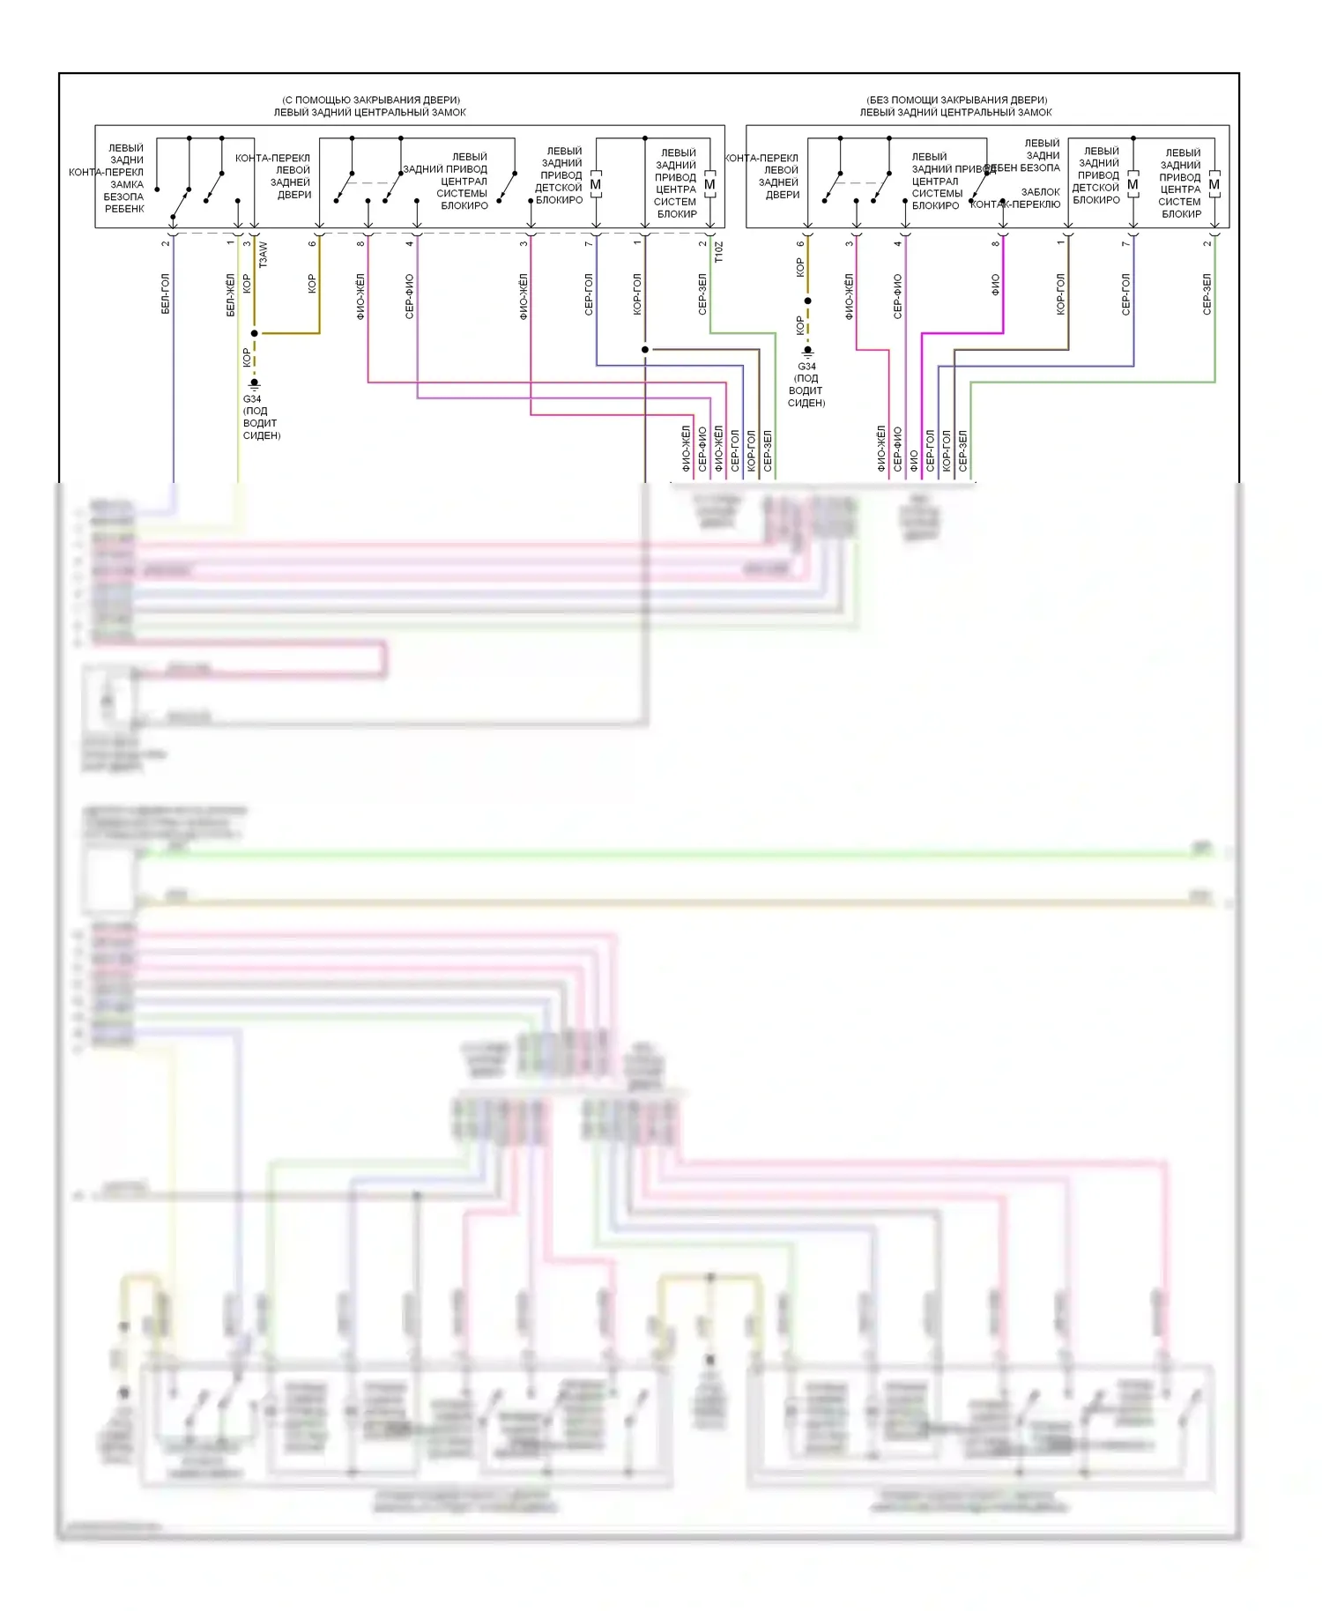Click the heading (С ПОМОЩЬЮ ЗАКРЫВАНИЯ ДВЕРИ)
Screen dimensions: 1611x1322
click(x=370, y=100)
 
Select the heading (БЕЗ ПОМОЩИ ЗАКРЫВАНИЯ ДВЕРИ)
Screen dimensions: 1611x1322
click(x=956, y=100)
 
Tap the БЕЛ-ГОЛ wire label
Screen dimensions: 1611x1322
click(x=166, y=294)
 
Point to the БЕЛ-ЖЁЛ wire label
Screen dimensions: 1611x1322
click(x=230, y=294)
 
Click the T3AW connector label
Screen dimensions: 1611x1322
click(x=263, y=255)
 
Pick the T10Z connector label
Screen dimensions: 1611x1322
click(x=718, y=253)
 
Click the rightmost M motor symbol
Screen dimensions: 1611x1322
click(x=1214, y=185)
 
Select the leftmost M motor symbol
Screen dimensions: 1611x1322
click(x=596, y=185)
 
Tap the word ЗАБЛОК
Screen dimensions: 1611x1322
click(x=1040, y=191)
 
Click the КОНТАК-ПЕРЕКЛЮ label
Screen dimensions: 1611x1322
click(x=1015, y=204)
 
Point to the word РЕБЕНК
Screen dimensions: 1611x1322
click(x=124, y=209)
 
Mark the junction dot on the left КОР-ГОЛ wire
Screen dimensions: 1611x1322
click(x=645, y=350)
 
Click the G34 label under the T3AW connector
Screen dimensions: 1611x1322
click(x=252, y=398)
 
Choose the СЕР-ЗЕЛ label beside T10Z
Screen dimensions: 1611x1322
click(x=702, y=294)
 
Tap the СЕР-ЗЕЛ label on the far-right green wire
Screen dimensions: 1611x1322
click(x=1207, y=294)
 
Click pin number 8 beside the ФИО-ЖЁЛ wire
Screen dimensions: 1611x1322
click(x=360, y=243)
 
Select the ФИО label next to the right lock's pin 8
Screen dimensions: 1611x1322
click(x=995, y=284)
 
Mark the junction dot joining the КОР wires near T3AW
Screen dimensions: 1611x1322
click(x=255, y=333)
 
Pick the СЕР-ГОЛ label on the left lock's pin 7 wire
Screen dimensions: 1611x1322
click(x=589, y=294)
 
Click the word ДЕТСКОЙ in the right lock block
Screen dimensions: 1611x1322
click(x=1095, y=188)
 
